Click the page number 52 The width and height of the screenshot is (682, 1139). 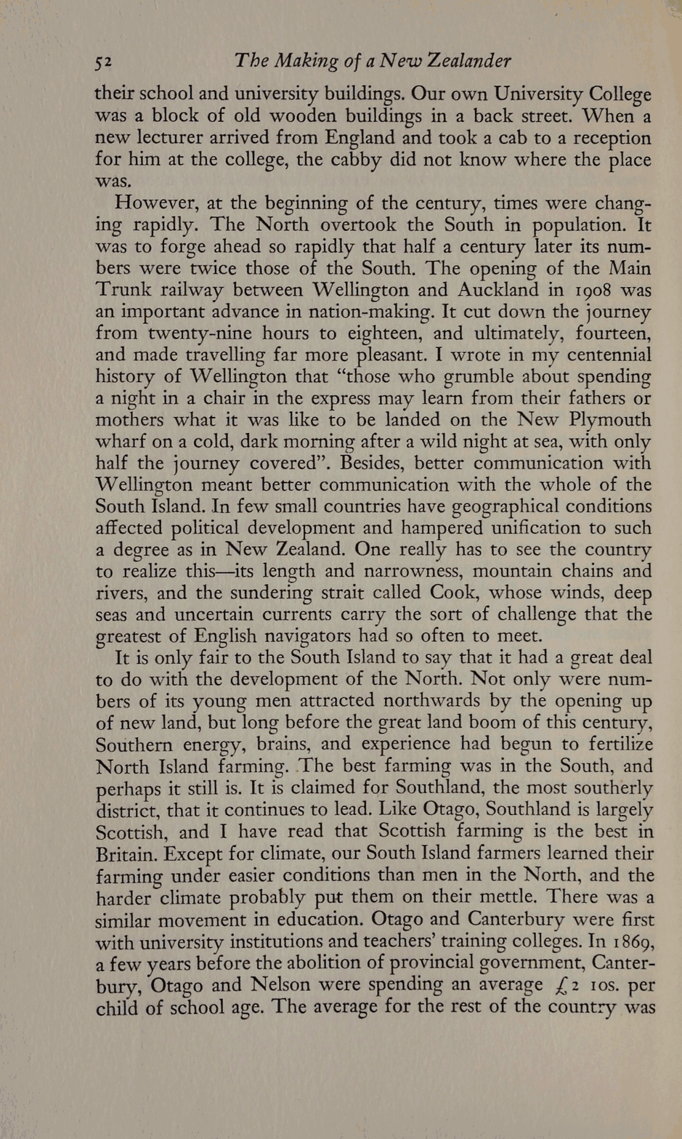tap(103, 61)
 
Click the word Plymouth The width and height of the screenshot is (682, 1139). tap(610, 420)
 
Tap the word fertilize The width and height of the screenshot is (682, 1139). tap(618, 745)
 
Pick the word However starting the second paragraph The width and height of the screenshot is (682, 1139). tap(156, 203)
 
